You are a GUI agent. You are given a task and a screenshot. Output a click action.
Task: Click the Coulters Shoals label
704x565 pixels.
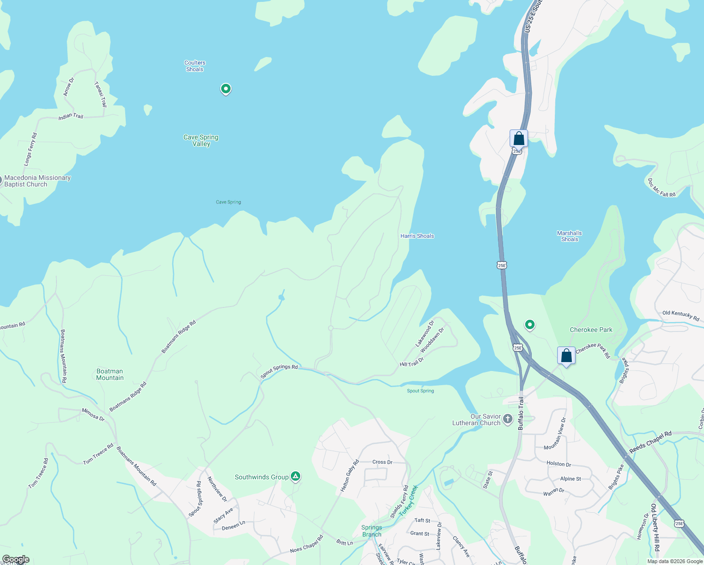point(195,66)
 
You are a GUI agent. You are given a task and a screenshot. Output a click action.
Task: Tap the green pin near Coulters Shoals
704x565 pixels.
point(226,89)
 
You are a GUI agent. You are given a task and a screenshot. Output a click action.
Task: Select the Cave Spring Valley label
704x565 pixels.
point(201,140)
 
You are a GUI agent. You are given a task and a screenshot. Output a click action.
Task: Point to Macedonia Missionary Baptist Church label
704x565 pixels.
point(37,181)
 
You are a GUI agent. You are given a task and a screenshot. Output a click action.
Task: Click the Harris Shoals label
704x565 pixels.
point(417,236)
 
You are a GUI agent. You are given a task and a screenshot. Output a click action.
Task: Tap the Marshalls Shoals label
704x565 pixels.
point(569,236)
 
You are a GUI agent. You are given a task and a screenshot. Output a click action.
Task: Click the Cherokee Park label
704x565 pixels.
point(591,330)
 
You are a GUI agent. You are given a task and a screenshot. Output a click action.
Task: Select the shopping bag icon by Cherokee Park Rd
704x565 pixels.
point(567,356)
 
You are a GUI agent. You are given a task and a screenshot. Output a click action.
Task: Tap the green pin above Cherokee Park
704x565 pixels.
point(530,324)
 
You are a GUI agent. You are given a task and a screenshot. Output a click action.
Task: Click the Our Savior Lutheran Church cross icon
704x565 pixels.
point(508,419)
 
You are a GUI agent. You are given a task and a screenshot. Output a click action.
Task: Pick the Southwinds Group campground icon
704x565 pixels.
point(296,477)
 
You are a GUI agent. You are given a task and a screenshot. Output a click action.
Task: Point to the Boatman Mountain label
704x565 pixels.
point(110,374)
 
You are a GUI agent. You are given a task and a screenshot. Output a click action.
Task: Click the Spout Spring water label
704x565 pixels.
point(420,391)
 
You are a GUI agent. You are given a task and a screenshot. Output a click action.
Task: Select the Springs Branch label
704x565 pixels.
point(372,531)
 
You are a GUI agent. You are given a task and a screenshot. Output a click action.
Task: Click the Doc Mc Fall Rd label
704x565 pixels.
point(661,187)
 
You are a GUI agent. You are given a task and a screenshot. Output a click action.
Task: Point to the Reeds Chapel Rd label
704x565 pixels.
point(650,442)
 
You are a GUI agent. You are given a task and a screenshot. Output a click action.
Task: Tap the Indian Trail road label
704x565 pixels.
point(71,116)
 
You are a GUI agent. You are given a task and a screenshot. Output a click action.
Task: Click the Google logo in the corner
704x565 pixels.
point(16,559)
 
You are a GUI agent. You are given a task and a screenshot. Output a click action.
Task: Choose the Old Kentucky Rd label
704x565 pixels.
point(680,315)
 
